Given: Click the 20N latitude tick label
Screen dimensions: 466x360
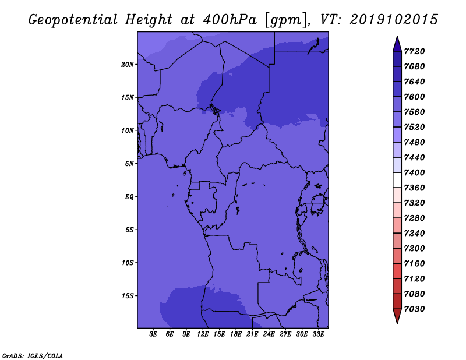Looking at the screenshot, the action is (128, 65).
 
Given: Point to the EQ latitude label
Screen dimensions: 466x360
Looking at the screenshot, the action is (129, 197).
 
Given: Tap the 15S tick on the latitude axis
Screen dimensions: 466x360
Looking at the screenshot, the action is (128, 296).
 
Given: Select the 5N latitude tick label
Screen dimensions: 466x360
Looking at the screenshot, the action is (129, 164).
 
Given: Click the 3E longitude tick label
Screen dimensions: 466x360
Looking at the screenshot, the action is (153, 334).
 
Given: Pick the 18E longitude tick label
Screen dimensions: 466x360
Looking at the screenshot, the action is (236, 334).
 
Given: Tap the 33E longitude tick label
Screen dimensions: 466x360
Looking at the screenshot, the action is (318, 334).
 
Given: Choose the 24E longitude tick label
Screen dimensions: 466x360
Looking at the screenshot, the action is (269, 334).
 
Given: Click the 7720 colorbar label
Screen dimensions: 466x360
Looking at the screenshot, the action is (414, 51).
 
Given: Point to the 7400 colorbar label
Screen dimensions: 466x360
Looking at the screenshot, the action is (414, 172).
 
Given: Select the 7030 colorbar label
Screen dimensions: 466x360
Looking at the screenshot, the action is (414, 309).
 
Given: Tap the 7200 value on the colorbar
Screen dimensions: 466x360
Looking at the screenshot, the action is (414, 249).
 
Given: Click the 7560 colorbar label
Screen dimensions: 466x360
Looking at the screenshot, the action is (414, 112).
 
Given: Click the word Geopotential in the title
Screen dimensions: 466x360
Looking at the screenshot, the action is (73, 20).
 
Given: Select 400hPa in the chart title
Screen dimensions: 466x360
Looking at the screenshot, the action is (230, 20).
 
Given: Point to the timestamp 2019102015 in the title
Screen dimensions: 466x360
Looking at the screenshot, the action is (394, 20).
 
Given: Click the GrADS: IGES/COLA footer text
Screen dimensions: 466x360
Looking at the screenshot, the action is (33, 356).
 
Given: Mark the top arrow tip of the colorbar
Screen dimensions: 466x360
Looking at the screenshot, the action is (397, 36).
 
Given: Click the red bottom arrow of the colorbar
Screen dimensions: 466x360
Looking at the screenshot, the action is (397, 316).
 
